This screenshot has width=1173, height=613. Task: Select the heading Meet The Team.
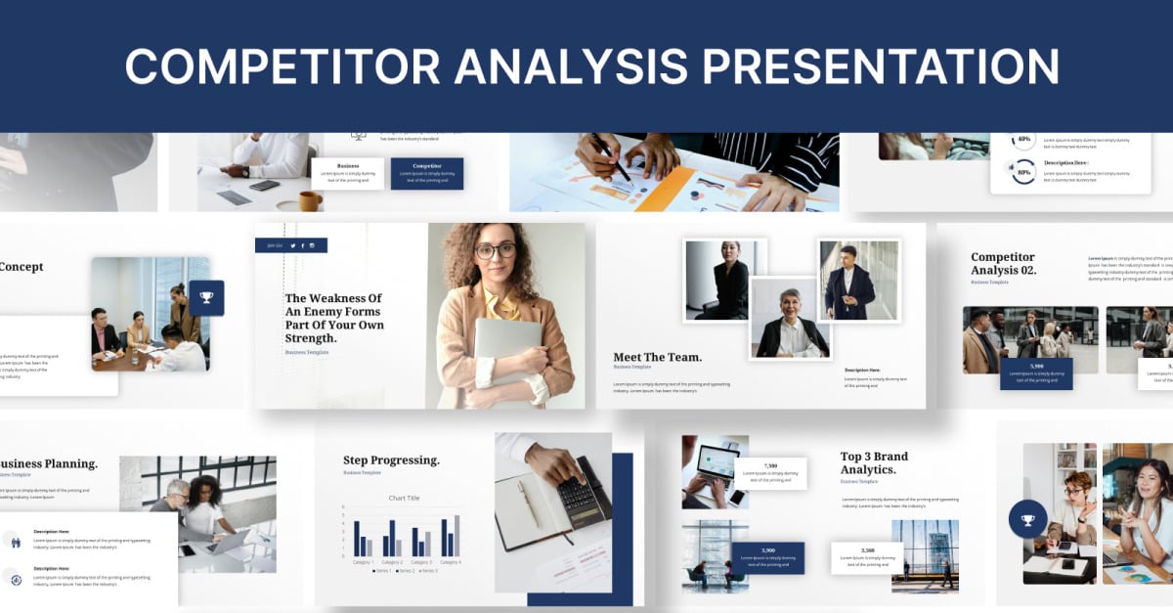(x=657, y=357)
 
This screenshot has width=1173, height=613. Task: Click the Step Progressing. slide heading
(x=391, y=460)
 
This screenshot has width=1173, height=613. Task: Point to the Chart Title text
(x=404, y=498)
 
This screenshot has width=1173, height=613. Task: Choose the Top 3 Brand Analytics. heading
(x=874, y=462)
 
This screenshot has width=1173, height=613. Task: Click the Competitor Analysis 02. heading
(x=1004, y=263)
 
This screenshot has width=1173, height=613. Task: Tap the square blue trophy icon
(x=206, y=298)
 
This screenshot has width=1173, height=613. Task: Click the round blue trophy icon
(x=1027, y=520)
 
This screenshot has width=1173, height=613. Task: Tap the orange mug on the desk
(x=310, y=201)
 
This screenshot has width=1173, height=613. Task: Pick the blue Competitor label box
(x=427, y=173)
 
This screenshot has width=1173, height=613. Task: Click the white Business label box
(x=347, y=173)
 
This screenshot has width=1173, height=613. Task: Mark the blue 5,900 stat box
(x=1036, y=373)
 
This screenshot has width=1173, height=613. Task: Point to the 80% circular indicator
(x=1024, y=173)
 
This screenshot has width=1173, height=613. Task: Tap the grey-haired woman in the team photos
(x=789, y=318)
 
